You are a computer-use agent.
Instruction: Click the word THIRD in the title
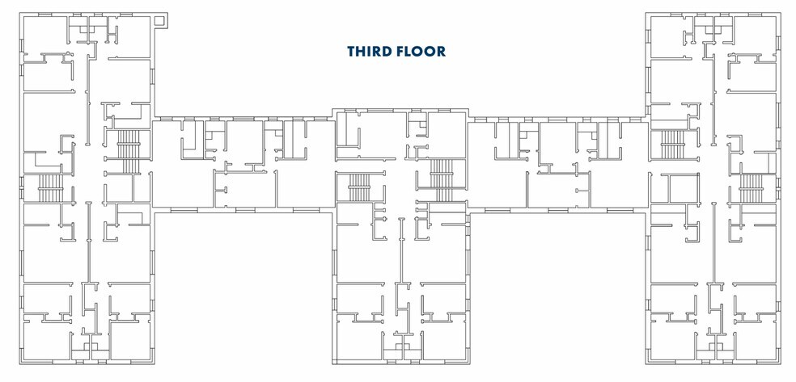tap(369, 52)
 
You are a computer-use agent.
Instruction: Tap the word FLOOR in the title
tap(421, 52)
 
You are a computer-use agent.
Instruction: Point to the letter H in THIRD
tap(362, 52)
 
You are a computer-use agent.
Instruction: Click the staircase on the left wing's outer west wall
tap(50, 188)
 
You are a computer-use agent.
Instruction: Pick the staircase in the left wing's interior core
tap(129, 151)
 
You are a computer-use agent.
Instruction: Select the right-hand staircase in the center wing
tap(441, 178)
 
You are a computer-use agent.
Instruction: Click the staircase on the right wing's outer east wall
tap(752, 188)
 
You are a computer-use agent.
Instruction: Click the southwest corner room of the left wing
tap(44, 340)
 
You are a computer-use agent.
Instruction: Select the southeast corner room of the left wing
tap(129, 340)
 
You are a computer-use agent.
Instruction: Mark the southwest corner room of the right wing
tap(671, 340)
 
